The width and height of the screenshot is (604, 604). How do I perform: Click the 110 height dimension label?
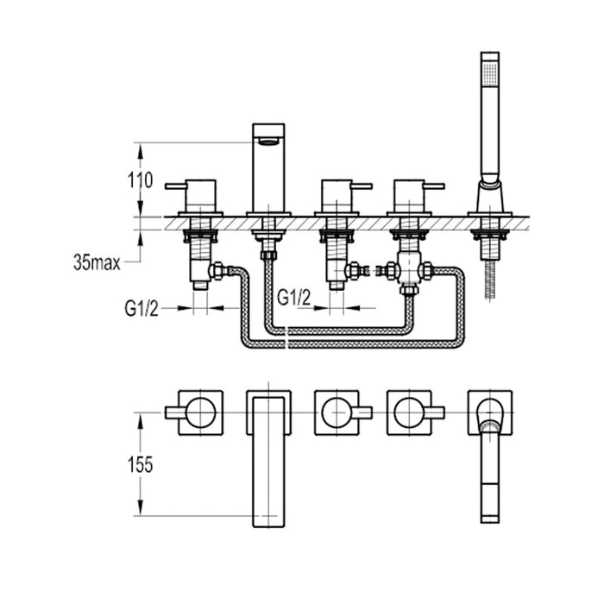click(x=139, y=181)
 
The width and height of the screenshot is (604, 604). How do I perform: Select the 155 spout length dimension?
click(x=139, y=464)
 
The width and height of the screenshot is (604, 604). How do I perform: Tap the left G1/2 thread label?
click(x=142, y=306)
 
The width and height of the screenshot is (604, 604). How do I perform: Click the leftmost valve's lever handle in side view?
click(x=179, y=185)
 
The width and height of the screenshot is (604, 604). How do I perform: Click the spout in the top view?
click(x=268, y=457)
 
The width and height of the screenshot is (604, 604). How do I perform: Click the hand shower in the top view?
click(x=489, y=457)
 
